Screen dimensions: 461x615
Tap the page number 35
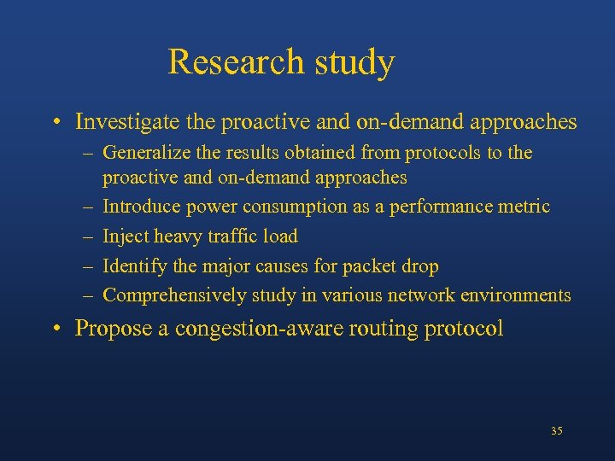(556, 431)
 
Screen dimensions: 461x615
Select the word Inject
(125, 236)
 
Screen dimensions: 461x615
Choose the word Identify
(134, 266)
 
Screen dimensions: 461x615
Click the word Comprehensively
(177, 295)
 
